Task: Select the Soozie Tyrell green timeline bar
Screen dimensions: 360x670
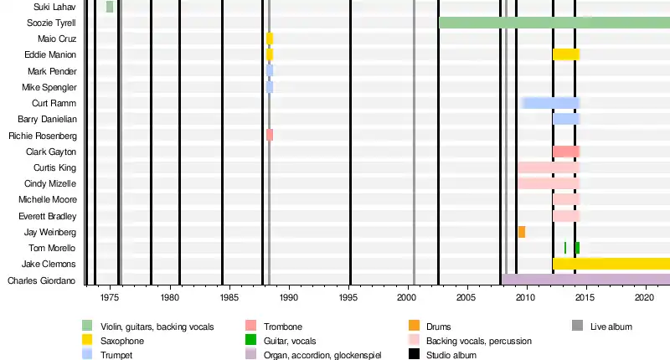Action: [553, 23]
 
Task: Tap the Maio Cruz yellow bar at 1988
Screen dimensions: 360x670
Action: [270, 39]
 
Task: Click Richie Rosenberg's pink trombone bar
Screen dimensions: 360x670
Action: [270, 135]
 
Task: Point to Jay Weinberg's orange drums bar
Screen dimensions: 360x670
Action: [522, 232]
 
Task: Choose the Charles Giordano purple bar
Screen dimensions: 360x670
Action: [585, 280]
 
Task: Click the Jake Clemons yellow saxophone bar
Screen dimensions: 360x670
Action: [611, 264]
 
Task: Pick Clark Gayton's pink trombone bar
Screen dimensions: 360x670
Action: [566, 152]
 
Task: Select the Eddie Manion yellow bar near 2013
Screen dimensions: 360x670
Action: [566, 54]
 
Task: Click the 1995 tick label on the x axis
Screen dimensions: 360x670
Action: [350, 297]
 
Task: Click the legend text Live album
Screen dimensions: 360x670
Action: [611, 327]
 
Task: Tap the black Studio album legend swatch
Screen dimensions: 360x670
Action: [414, 354]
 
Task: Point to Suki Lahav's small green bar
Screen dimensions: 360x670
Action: [110, 7]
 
